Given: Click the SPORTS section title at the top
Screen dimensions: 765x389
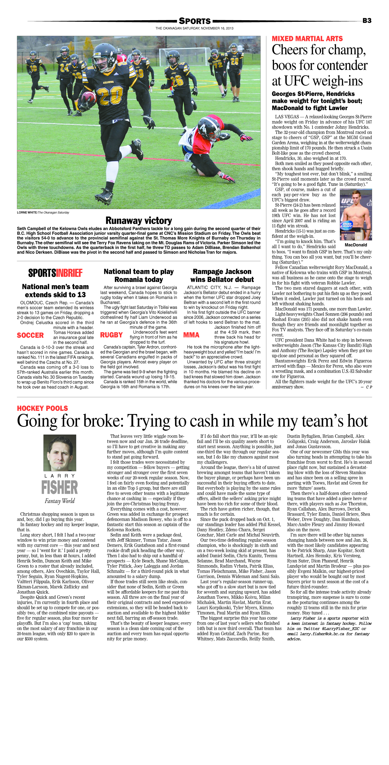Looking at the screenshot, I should pos(194,21).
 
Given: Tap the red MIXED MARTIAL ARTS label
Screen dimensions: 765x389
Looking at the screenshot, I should pos(307,39).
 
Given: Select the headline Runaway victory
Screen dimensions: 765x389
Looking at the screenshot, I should pos(139,220).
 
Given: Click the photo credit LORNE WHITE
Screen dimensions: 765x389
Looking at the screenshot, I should pos(27,213).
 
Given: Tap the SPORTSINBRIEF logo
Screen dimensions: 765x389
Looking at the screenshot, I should pos(55,273).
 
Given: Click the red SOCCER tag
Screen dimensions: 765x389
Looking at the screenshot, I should pos(30,335).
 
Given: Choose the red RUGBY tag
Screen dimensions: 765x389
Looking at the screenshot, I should pos(111,335).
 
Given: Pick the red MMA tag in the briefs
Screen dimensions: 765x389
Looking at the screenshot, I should pos(191,335).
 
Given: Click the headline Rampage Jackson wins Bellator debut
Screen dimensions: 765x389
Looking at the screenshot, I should pos(222,275).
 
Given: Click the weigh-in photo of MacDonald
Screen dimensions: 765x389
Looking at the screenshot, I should pos(356,214).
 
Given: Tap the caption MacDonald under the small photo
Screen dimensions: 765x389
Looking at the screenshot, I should pos(356,245).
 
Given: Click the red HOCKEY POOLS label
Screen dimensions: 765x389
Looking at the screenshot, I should pos(42,408).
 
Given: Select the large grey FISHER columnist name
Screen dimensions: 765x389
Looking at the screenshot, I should pos(60,488).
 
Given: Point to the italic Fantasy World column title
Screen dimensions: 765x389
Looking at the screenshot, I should pos(60,501).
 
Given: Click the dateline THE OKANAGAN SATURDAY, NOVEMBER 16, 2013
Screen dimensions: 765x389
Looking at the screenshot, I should pos(194,28).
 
